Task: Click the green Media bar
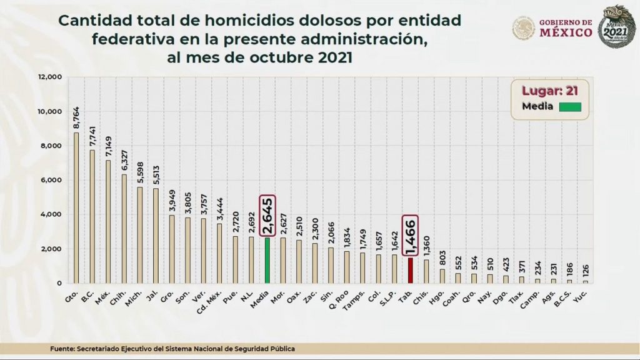pyautogui.click(x=267, y=260)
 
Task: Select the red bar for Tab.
pyautogui.click(x=411, y=270)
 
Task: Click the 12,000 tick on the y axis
pyautogui.click(x=50, y=77)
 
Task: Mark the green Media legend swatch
pyautogui.click(x=570, y=107)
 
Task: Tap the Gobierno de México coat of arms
pyautogui.click(x=523, y=27)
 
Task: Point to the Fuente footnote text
pyautogui.click(x=172, y=348)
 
